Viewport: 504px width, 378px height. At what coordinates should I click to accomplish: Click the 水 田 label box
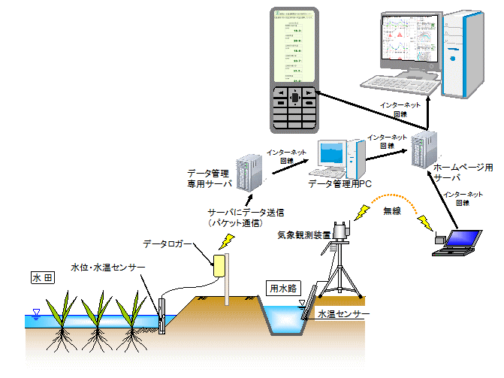[x=41, y=278]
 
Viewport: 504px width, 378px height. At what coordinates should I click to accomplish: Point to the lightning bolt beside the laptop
[x=426, y=223]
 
